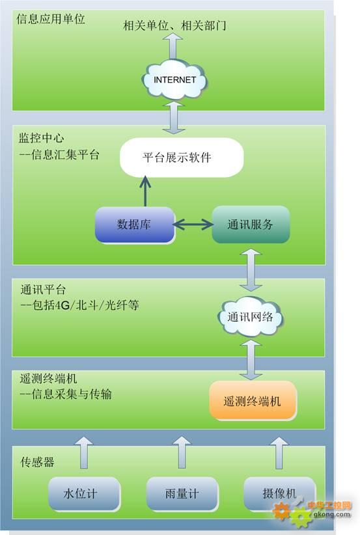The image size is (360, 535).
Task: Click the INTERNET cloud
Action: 174,81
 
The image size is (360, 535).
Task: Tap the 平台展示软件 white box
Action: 182,158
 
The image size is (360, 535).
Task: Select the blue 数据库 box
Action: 135,225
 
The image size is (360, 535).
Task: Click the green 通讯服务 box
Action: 251,225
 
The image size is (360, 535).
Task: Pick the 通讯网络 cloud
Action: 251,318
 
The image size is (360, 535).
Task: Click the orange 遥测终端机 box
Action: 253,401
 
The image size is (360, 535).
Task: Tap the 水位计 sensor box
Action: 84,494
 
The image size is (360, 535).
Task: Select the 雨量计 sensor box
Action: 182,494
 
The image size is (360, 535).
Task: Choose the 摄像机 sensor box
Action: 279,493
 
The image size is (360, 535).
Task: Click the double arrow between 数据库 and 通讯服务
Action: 193,224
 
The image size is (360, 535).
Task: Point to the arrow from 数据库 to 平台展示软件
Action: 145,191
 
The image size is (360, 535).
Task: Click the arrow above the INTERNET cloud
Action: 173,47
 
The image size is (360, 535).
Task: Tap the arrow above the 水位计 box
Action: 84,452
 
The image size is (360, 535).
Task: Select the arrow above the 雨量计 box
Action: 182,452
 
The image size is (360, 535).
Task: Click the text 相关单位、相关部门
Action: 174,25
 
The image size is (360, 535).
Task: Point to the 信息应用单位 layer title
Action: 51,19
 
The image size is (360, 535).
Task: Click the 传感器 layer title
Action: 37,462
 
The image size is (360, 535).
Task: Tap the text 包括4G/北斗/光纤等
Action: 85,305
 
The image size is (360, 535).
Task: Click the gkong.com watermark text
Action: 331,514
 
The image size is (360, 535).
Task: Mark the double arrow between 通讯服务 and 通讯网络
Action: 251,270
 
